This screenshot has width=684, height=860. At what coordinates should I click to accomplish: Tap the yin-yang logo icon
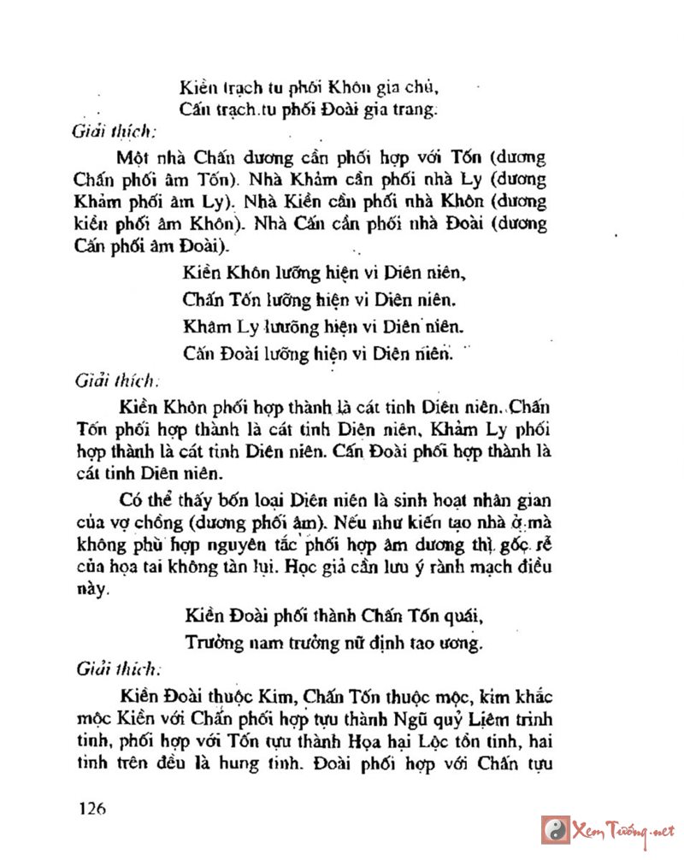[x=556, y=830]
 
